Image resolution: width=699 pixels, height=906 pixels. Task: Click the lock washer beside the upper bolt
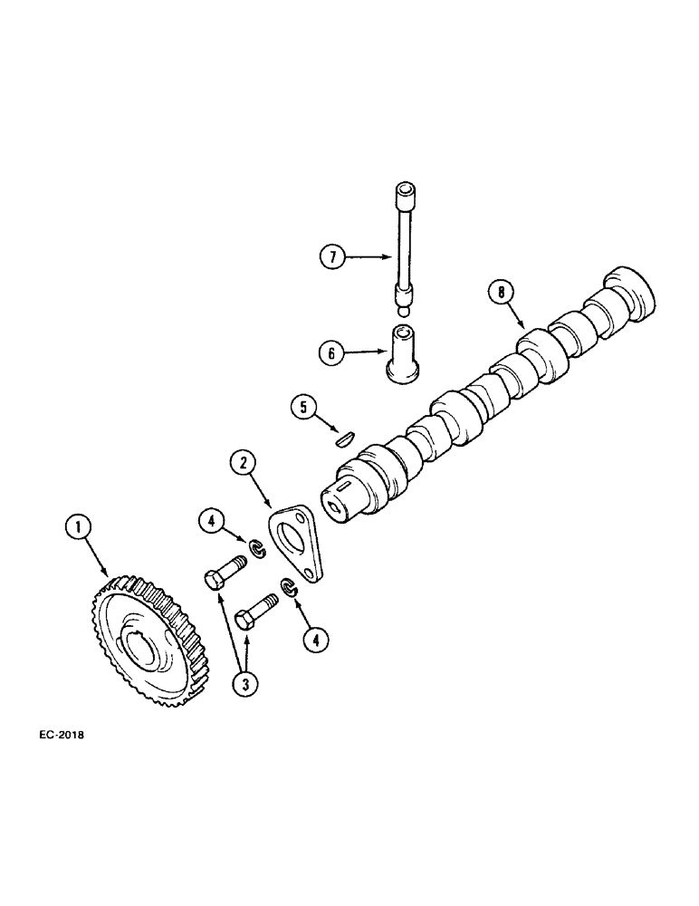256,546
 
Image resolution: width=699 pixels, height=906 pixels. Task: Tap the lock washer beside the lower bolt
288,587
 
